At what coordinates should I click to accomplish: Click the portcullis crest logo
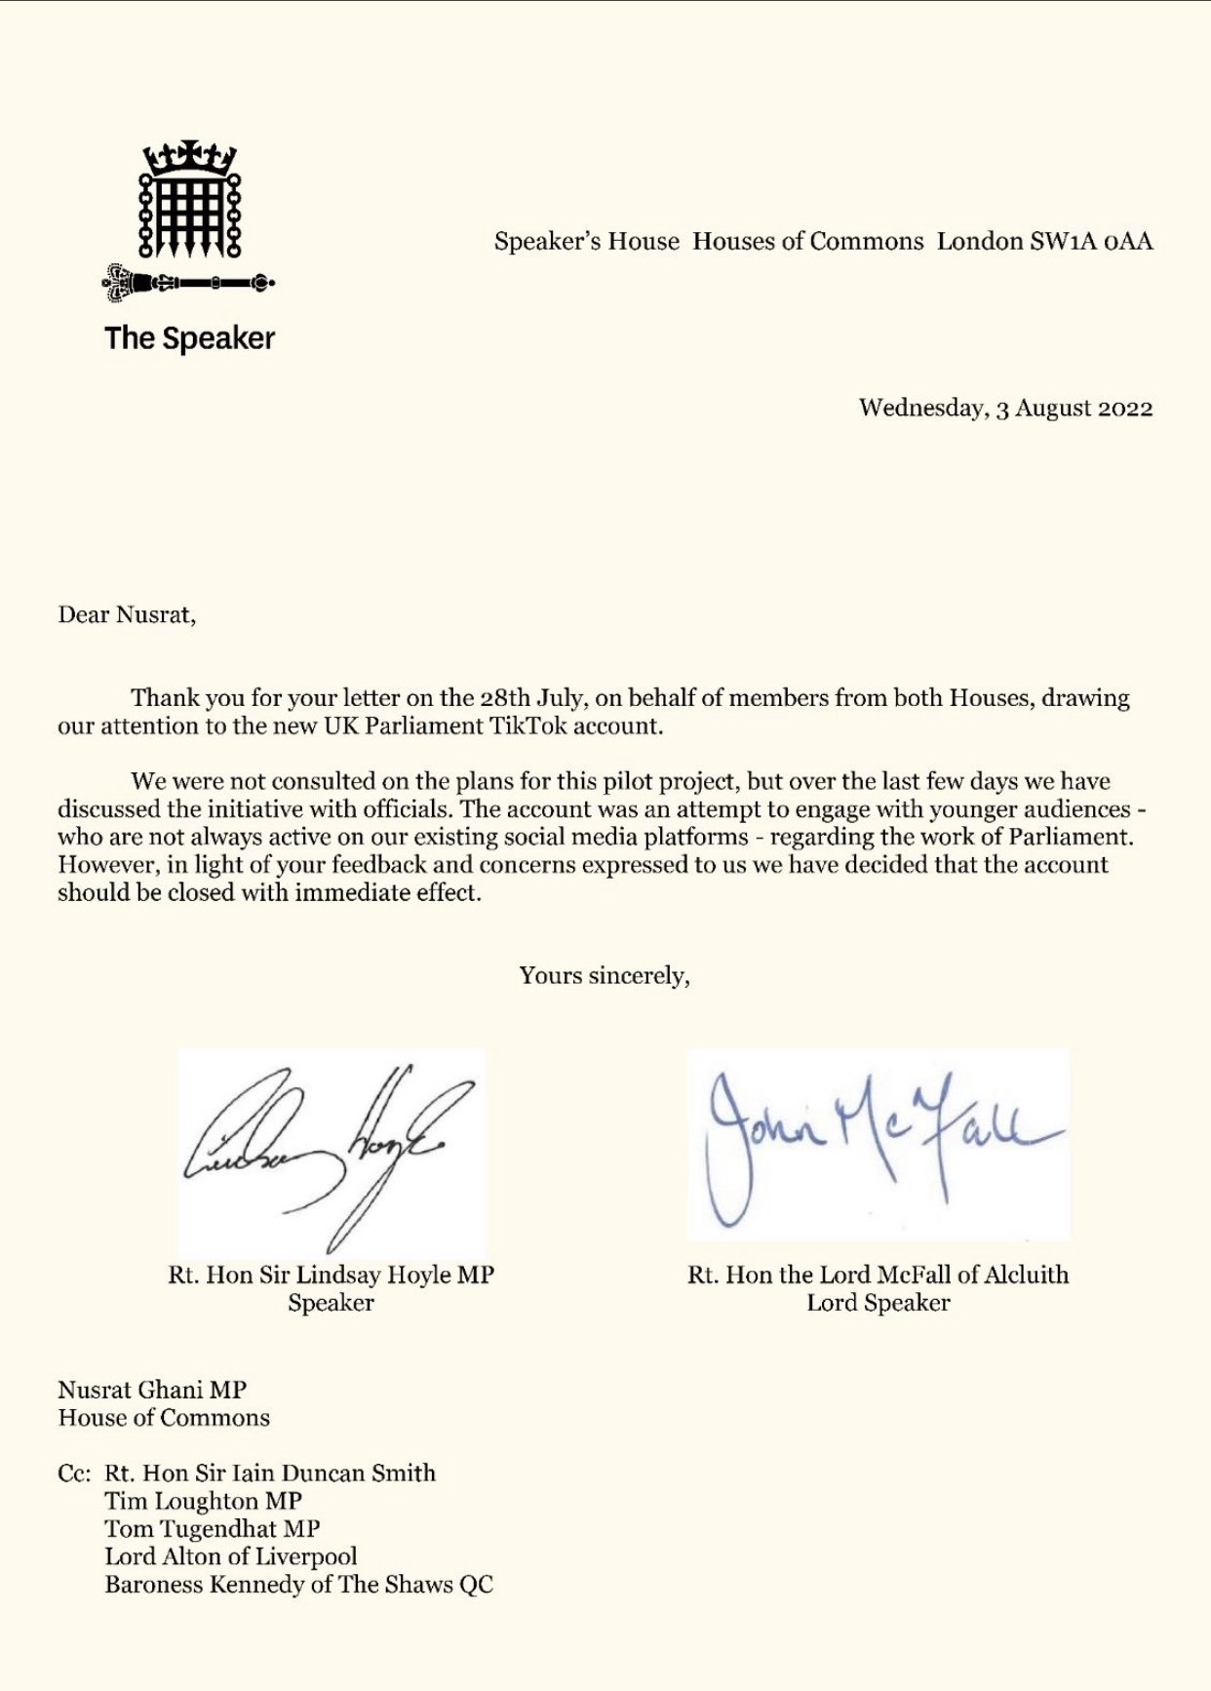(190, 199)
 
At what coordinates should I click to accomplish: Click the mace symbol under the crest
(189, 284)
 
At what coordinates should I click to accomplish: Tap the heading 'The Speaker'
(189, 338)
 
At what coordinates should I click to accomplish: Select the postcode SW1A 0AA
(1091, 241)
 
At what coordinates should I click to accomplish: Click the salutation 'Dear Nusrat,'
(127, 614)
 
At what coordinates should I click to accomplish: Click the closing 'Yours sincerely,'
(605, 975)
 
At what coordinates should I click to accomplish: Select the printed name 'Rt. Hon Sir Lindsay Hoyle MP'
(331, 1275)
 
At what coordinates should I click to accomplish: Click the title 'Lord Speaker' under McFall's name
(878, 1303)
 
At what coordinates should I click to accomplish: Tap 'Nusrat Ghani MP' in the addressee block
(152, 1390)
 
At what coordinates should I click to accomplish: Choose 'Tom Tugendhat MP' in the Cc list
(213, 1529)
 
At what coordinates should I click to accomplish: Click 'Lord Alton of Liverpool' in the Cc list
(231, 1556)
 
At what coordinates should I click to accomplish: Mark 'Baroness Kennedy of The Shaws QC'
(298, 1585)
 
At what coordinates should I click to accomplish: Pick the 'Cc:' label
(74, 1473)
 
